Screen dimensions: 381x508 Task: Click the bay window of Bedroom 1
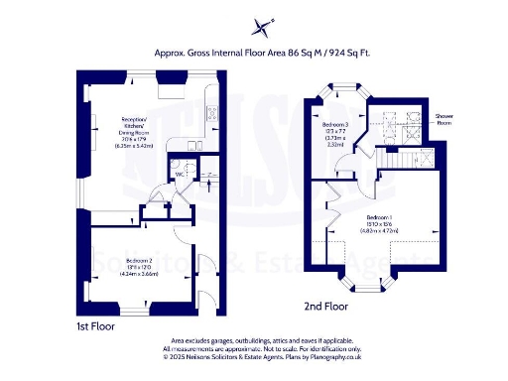pyautogui.click(x=368, y=287)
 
